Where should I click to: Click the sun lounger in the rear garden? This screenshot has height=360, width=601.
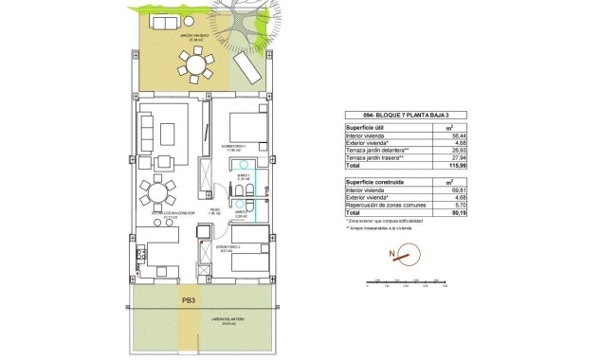pos(246,66)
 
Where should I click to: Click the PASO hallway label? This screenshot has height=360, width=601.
pos(215,211)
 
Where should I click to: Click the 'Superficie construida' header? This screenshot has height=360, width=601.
pos(371,179)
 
